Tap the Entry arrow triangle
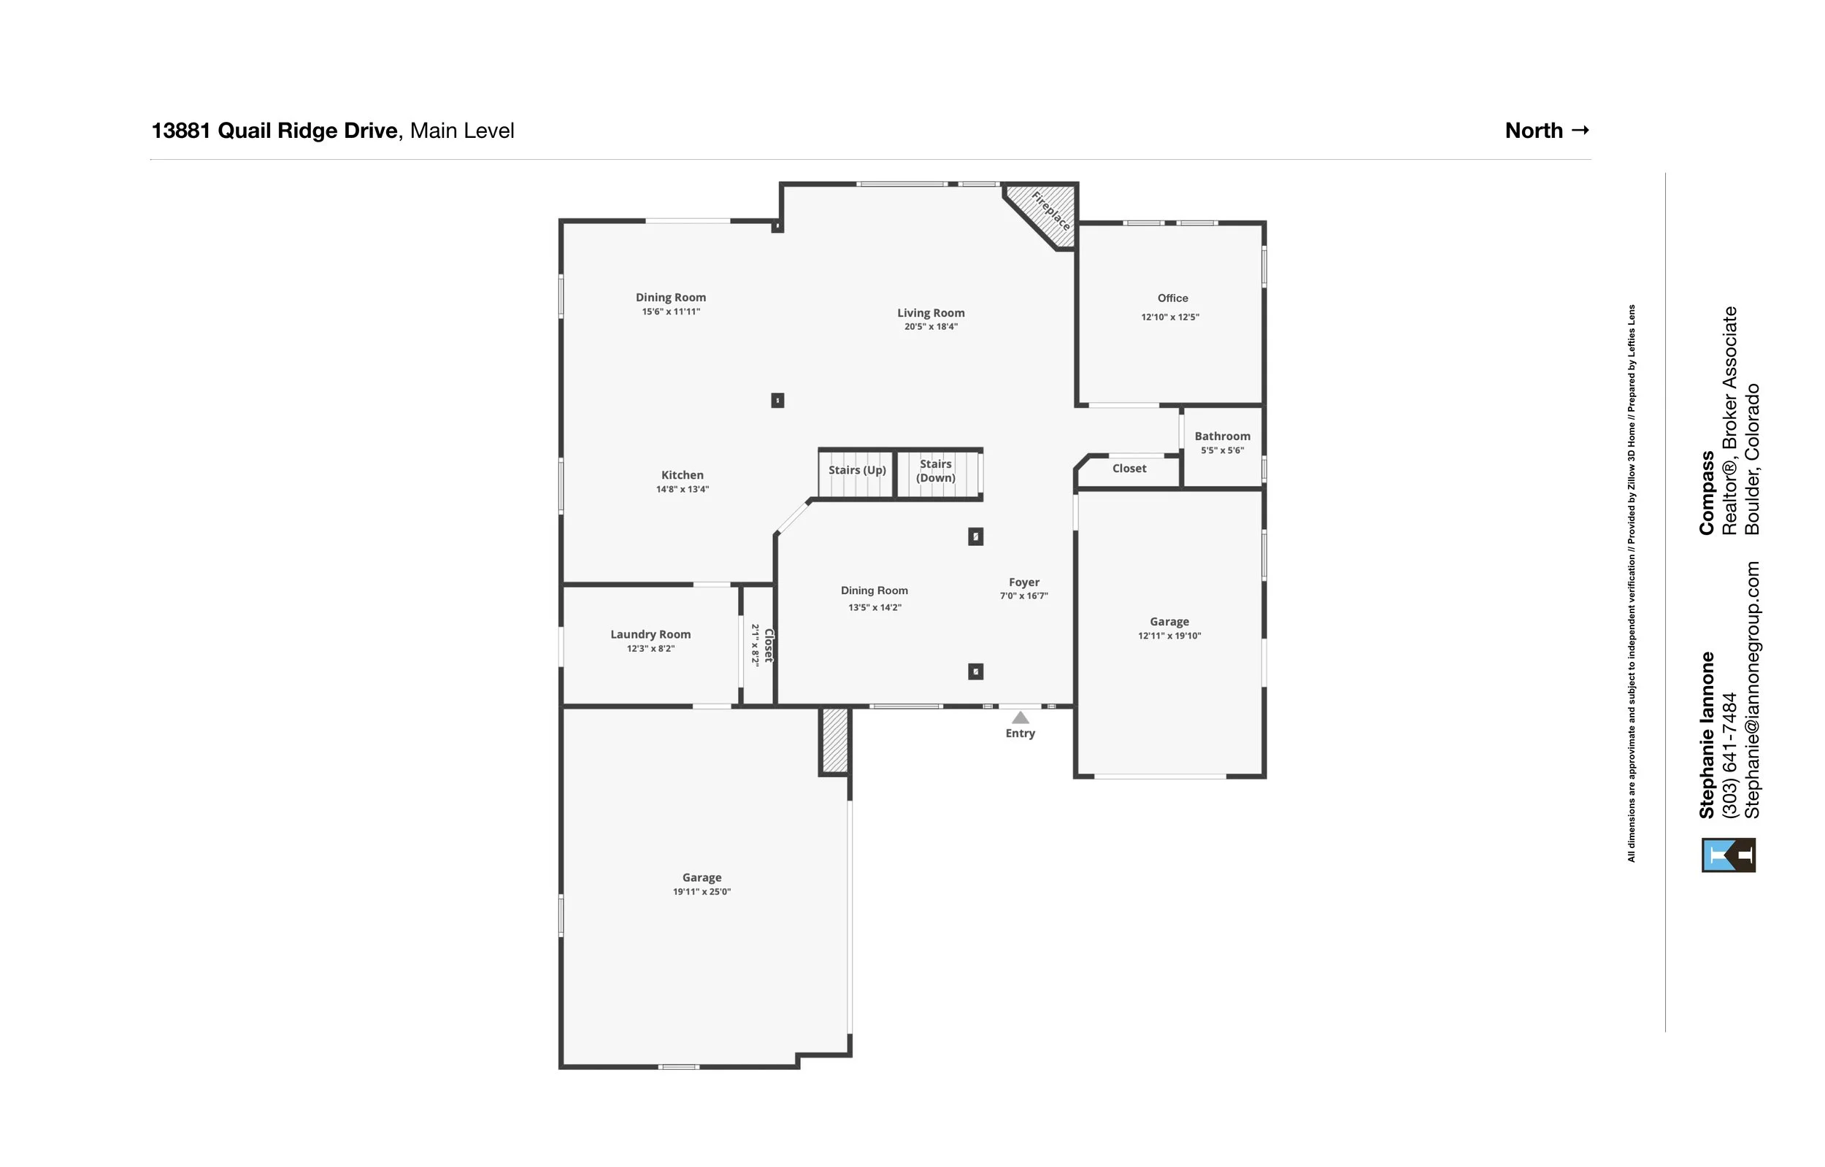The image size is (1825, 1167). pos(1020,717)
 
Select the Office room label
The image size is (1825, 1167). pos(1172,299)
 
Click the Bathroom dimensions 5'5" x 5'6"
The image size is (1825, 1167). pos(1222,450)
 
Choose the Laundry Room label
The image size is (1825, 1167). pos(650,635)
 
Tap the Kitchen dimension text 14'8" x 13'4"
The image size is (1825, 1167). pos(682,490)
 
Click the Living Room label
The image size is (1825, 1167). pos(931,313)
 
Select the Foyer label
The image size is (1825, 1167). pos(1023,582)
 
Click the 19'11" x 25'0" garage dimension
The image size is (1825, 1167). pos(701,892)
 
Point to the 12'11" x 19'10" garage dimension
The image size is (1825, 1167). pos(1169,636)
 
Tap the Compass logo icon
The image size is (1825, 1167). pos(1729,855)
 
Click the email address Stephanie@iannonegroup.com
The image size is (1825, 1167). pos(1753,690)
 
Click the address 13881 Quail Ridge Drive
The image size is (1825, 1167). pos(274,131)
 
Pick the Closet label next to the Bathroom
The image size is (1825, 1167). pos(1129,469)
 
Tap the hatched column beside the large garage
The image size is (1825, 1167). pos(834,740)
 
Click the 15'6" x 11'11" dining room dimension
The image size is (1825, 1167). pos(671,312)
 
